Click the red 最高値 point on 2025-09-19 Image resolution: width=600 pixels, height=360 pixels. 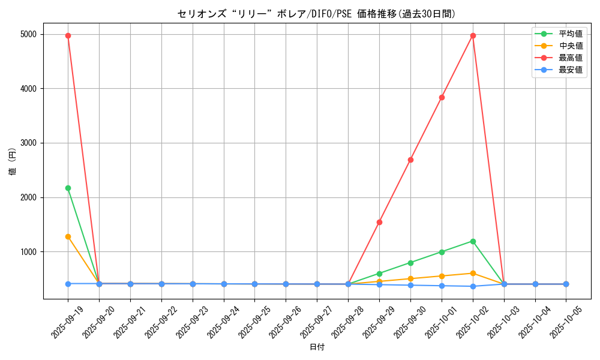point(68,35)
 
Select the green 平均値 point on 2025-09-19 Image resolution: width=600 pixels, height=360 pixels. point(68,188)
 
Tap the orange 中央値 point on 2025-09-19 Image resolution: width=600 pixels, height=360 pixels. point(68,236)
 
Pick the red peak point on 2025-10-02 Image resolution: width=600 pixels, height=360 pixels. point(473,35)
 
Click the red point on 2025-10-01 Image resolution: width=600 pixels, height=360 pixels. point(442,97)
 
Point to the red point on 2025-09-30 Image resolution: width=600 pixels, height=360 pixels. point(410,160)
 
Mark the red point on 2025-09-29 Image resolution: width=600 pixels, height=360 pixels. point(379,222)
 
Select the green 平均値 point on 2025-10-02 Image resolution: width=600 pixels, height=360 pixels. point(473,241)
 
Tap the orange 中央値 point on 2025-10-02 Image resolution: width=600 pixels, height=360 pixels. point(473,273)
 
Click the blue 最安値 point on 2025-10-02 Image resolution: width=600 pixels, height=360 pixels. point(473,286)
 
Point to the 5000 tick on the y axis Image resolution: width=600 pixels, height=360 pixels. point(28,34)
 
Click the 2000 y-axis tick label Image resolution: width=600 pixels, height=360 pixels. point(28,197)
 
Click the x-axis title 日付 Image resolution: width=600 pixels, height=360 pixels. point(317,347)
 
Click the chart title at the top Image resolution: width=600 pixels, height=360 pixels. point(317,13)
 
